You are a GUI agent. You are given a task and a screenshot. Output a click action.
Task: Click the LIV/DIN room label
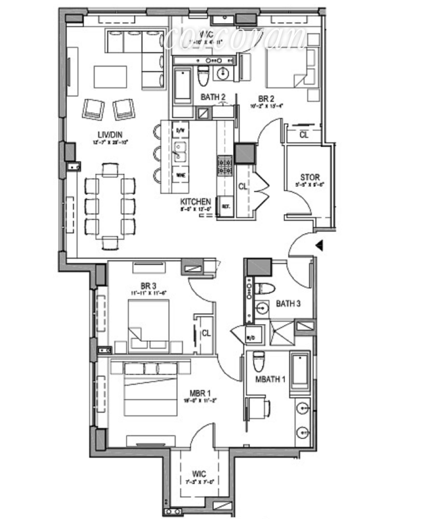pyautogui.click(x=110, y=135)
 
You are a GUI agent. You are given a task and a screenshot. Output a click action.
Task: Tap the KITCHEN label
pyautogui.click(x=196, y=202)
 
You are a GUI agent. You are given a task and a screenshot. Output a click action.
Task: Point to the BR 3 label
pyautogui.click(x=148, y=286)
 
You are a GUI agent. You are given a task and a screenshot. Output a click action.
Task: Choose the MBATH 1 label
pyautogui.click(x=270, y=379)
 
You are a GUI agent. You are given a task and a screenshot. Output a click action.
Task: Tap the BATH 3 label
pyautogui.click(x=288, y=303)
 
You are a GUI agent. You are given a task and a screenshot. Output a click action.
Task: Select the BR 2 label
pyautogui.click(x=266, y=99)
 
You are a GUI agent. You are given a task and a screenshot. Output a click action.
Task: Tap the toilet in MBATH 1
pyautogui.click(x=259, y=362)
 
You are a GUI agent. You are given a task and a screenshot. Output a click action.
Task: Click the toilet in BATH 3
pyautogui.click(x=264, y=288)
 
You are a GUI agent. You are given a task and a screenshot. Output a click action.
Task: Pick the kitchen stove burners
pyautogui.click(x=225, y=166)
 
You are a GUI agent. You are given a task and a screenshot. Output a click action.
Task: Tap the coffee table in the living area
pyautogui.click(x=110, y=77)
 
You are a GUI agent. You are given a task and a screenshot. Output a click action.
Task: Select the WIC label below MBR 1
pyautogui.click(x=199, y=474)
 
